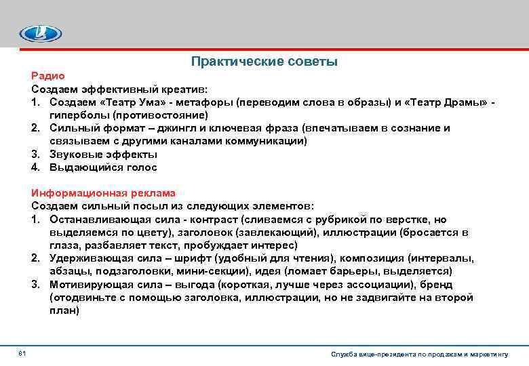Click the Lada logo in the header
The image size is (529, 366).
[x=40, y=33]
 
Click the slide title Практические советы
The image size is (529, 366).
[x=264, y=62]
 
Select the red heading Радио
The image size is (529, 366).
[x=47, y=77]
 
